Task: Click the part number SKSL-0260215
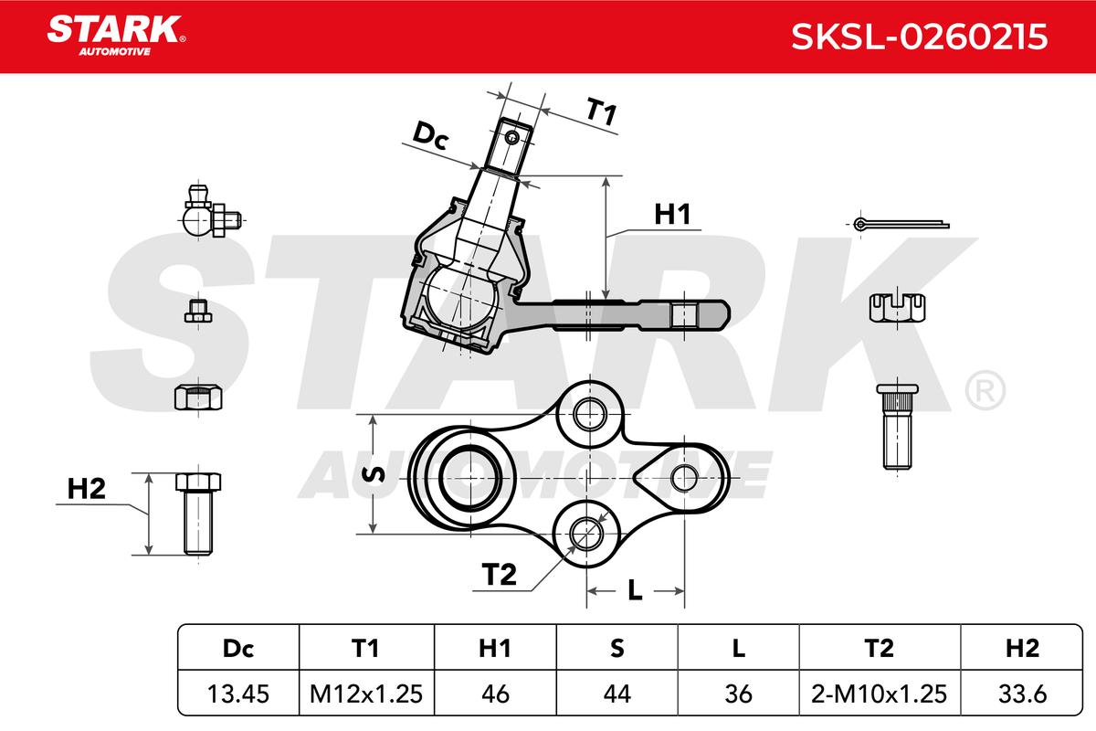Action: coord(920,37)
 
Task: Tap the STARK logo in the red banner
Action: coord(116,36)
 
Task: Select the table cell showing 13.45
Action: coord(238,694)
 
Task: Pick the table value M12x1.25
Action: coord(366,694)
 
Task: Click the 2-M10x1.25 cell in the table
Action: coord(880,694)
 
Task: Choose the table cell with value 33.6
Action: coord(1022,694)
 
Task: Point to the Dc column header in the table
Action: coord(238,648)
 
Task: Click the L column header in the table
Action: coord(738,648)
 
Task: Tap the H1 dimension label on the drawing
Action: coord(672,215)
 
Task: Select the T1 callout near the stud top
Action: coord(601,111)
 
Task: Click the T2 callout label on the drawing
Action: coord(499,575)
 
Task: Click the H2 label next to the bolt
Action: coord(86,489)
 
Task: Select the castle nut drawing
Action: coord(897,308)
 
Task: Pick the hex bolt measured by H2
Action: coord(198,514)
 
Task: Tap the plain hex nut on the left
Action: coord(198,397)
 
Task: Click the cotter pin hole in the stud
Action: coord(512,137)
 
